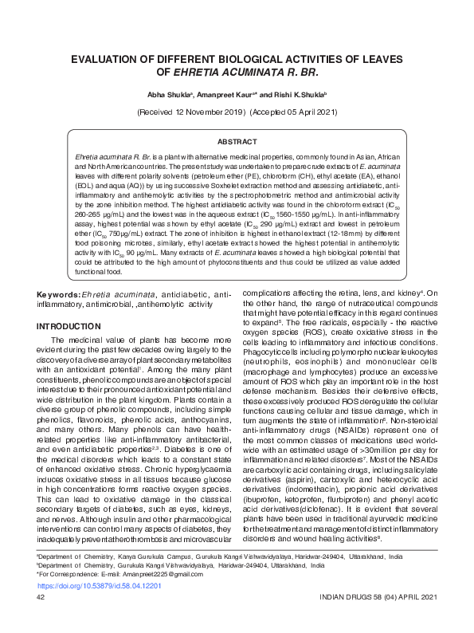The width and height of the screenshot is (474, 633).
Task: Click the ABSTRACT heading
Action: [x=237, y=140]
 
